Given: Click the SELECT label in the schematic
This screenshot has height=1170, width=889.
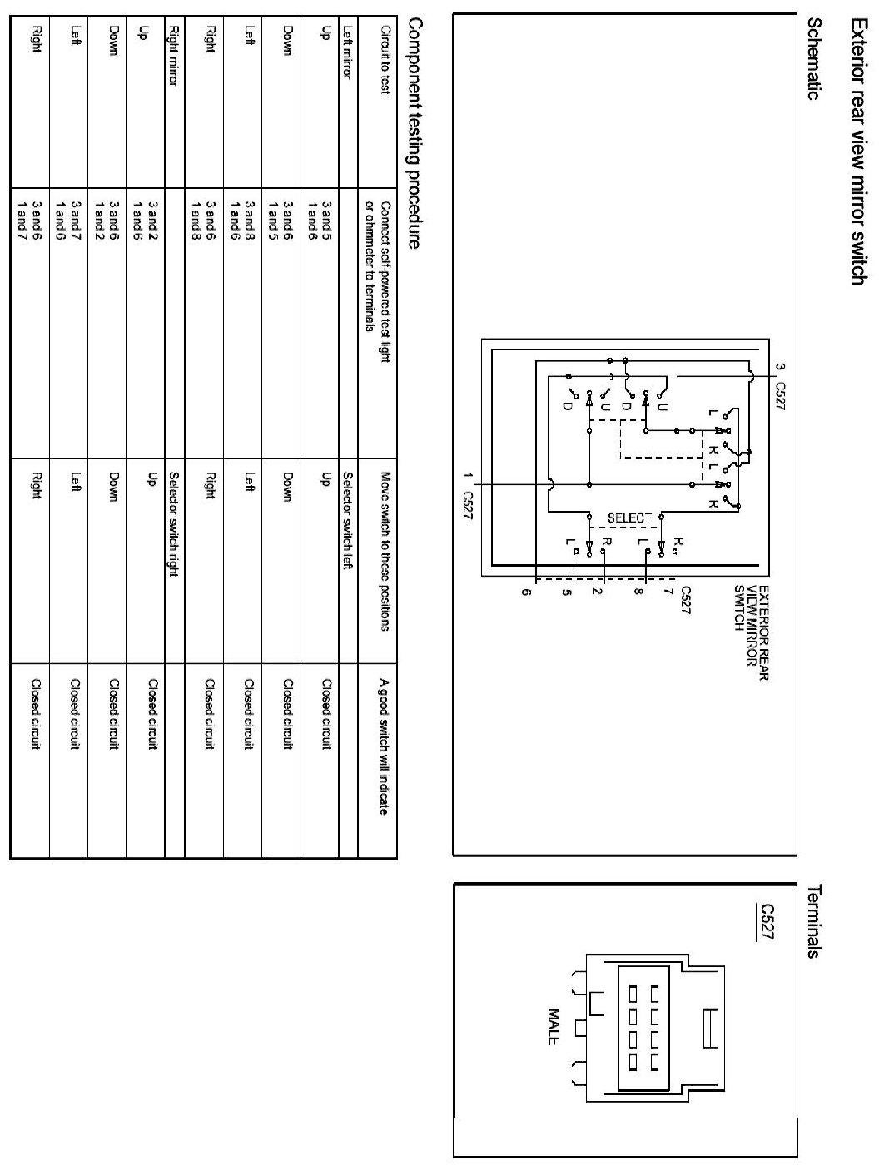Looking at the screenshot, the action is (x=629, y=518).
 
